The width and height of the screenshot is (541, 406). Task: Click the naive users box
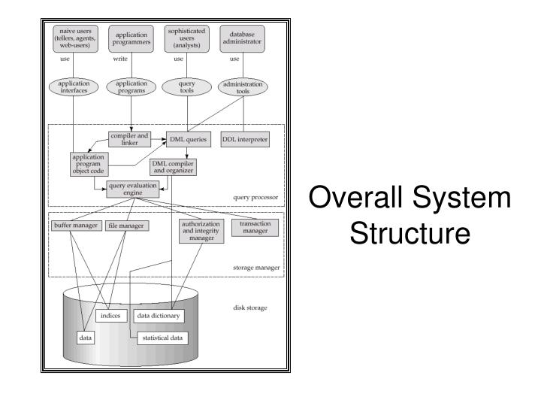coord(74,38)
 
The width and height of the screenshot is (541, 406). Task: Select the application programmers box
coord(131,37)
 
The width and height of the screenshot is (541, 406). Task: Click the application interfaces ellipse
coord(74,88)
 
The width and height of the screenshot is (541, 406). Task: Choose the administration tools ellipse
coord(240,88)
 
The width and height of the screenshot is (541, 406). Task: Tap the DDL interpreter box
coord(244,139)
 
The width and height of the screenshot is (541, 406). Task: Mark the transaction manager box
coord(254,228)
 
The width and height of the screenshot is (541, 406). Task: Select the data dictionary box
coord(159,316)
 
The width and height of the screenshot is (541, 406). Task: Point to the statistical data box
coord(162,338)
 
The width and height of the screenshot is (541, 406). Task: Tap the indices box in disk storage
coord(110,316)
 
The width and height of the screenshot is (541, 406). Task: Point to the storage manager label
coord(255,266)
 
